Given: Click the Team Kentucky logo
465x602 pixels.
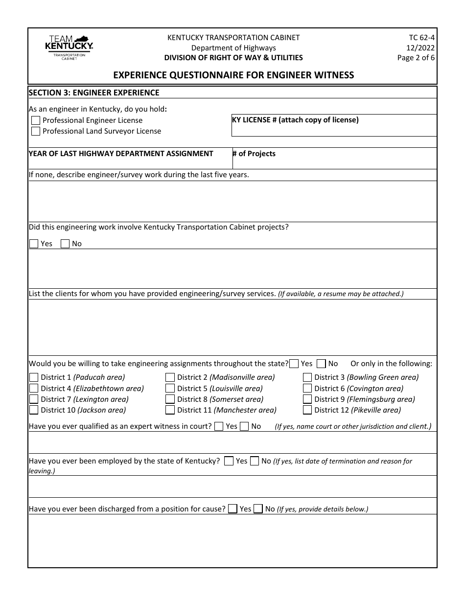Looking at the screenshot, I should click(69, 47).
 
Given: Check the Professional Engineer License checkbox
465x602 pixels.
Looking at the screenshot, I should click(36, 120).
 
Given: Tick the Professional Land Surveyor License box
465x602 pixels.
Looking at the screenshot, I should click(36, 131).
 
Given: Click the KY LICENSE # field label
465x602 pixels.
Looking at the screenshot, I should click(295, 120).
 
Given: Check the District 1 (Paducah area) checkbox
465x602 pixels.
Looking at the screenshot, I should click(34, 377).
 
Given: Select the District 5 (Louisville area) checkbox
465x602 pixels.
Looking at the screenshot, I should click(170, 389).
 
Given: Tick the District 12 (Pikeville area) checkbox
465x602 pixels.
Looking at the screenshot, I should click(307, 410).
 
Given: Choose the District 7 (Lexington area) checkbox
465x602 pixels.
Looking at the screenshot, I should click(34, 399).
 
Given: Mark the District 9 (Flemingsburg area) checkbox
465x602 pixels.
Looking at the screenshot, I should click(307, 399).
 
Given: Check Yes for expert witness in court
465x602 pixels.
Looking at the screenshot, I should click(219, 426).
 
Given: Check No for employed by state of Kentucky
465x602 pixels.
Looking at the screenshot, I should click(255, 461).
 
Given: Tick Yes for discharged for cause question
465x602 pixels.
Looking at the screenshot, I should click(233, 509).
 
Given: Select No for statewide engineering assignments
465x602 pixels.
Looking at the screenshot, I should click(321, 364).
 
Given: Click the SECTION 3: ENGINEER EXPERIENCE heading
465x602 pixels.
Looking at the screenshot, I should click(94, 93).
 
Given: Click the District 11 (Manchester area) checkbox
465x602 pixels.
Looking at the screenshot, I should click(170, 410).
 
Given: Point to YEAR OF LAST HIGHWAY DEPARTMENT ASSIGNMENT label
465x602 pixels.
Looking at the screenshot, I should click(121, 154).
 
